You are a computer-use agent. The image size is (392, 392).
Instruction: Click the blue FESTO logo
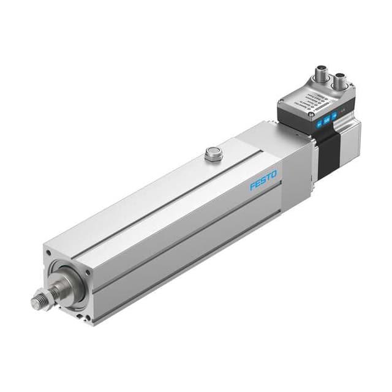pos(263,180)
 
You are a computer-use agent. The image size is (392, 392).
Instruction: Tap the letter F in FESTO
pos(252,186)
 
